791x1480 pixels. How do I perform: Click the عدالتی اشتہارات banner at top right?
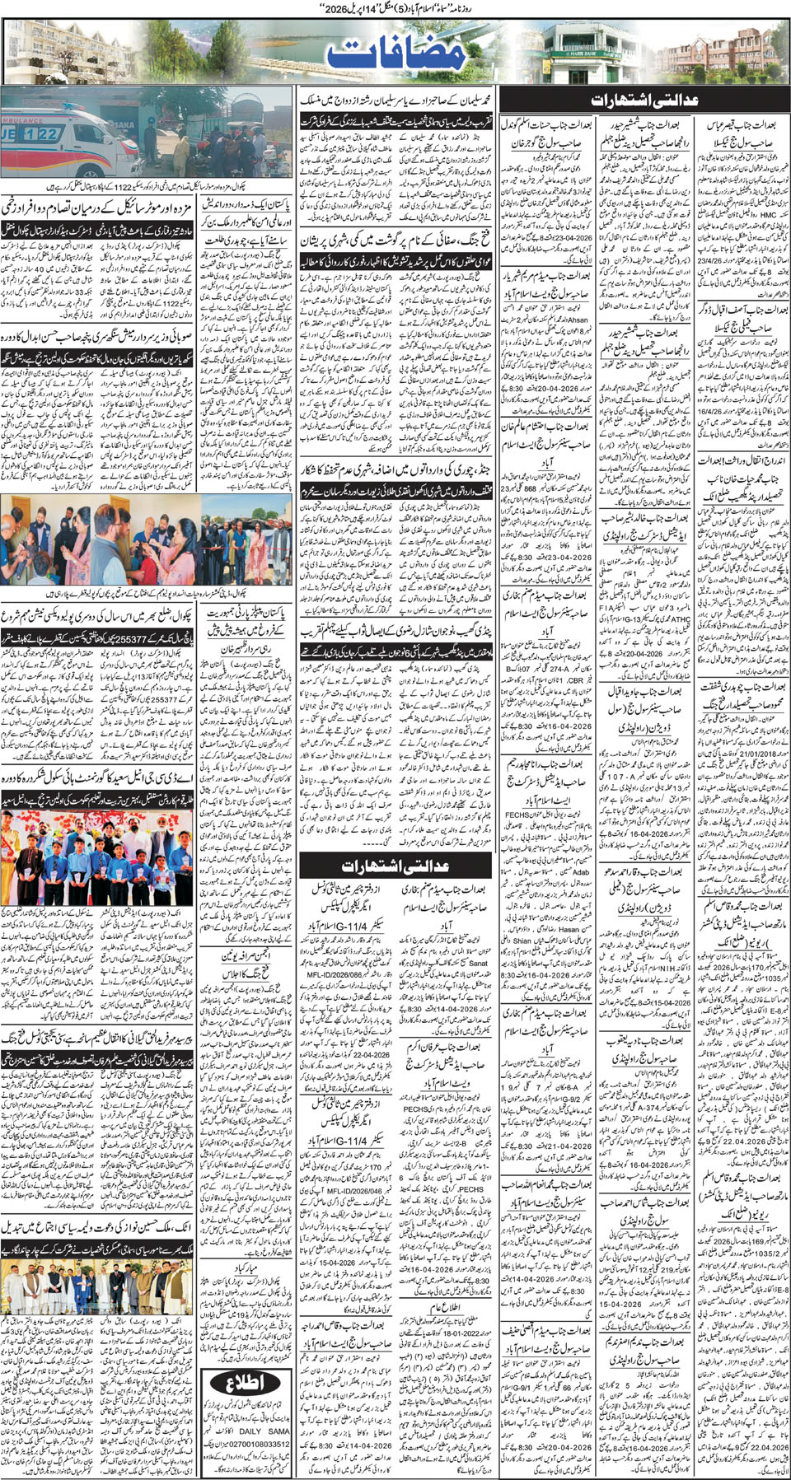click(644, 100)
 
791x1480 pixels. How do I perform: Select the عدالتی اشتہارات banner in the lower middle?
click(396, 866)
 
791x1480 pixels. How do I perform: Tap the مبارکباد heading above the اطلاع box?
click(246, 1266)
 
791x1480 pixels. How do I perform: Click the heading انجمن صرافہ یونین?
click(245, 957)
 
